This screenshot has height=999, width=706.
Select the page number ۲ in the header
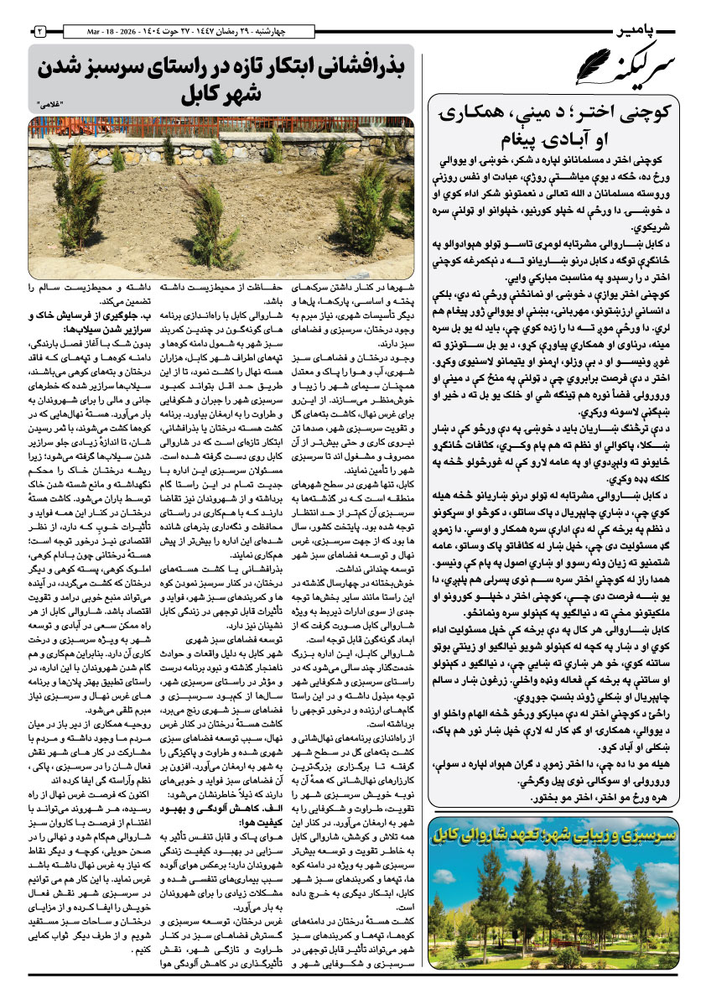tap(39, 31)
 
